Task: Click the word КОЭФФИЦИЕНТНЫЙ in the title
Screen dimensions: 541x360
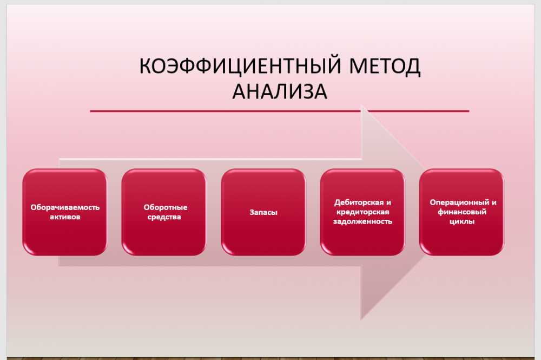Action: point(241,66)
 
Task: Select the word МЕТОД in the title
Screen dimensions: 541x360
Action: point(385,66)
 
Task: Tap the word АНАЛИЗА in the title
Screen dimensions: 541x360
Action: point(280,91)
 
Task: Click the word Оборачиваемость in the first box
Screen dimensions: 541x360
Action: point(65,207)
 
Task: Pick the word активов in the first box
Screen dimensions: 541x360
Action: point(65,217)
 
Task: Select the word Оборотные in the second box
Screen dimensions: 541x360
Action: point(165,207)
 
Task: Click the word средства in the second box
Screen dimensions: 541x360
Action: point(164,217)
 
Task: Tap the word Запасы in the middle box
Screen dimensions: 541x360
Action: point(263,212)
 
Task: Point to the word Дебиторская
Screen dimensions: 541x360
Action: point(359,202)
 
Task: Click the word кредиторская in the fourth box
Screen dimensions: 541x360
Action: point(362,212)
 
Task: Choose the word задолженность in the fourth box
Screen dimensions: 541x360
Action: point(362,221)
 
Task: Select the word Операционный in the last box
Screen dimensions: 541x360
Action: point(459,202)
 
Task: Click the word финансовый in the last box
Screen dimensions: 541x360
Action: point(462,212)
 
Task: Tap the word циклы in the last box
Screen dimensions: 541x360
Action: point(462,221)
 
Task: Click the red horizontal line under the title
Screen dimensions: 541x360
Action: point(280,111)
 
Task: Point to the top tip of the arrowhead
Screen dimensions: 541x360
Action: point(361,104)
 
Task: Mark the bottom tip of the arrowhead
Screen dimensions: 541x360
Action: point(361,320)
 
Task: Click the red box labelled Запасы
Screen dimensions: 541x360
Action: point(263,212)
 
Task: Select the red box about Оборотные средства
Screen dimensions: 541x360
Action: point(164,212)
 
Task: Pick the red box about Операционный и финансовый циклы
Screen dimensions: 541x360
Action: point(461,212)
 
